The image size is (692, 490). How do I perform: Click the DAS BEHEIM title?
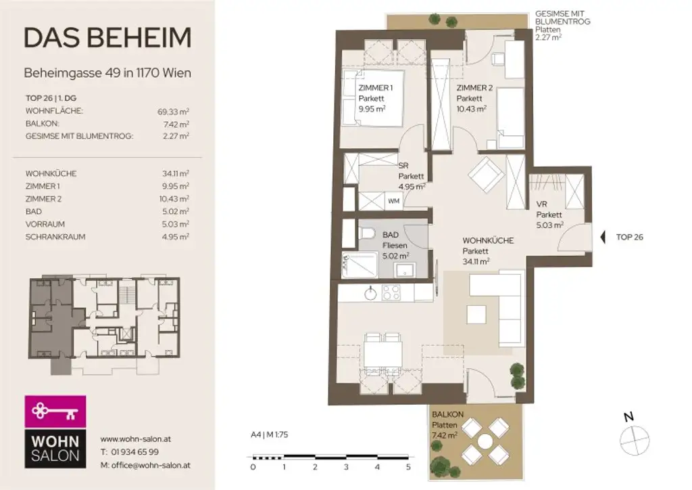(107, 38)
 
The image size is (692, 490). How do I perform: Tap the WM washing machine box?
(393, 200)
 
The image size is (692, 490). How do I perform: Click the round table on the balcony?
(485, 441)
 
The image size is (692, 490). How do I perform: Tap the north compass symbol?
(629, 437)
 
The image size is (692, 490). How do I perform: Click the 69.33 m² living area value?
(173, 111)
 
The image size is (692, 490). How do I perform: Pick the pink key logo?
(55, 410)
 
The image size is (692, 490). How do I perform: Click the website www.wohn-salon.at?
(135, 439)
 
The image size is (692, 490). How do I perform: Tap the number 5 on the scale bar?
(408, 467)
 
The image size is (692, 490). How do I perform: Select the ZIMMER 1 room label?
(375, 88)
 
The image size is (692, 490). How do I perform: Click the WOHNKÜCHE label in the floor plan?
(488, 240)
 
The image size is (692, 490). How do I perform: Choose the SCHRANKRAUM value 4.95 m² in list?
(176, 236)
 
